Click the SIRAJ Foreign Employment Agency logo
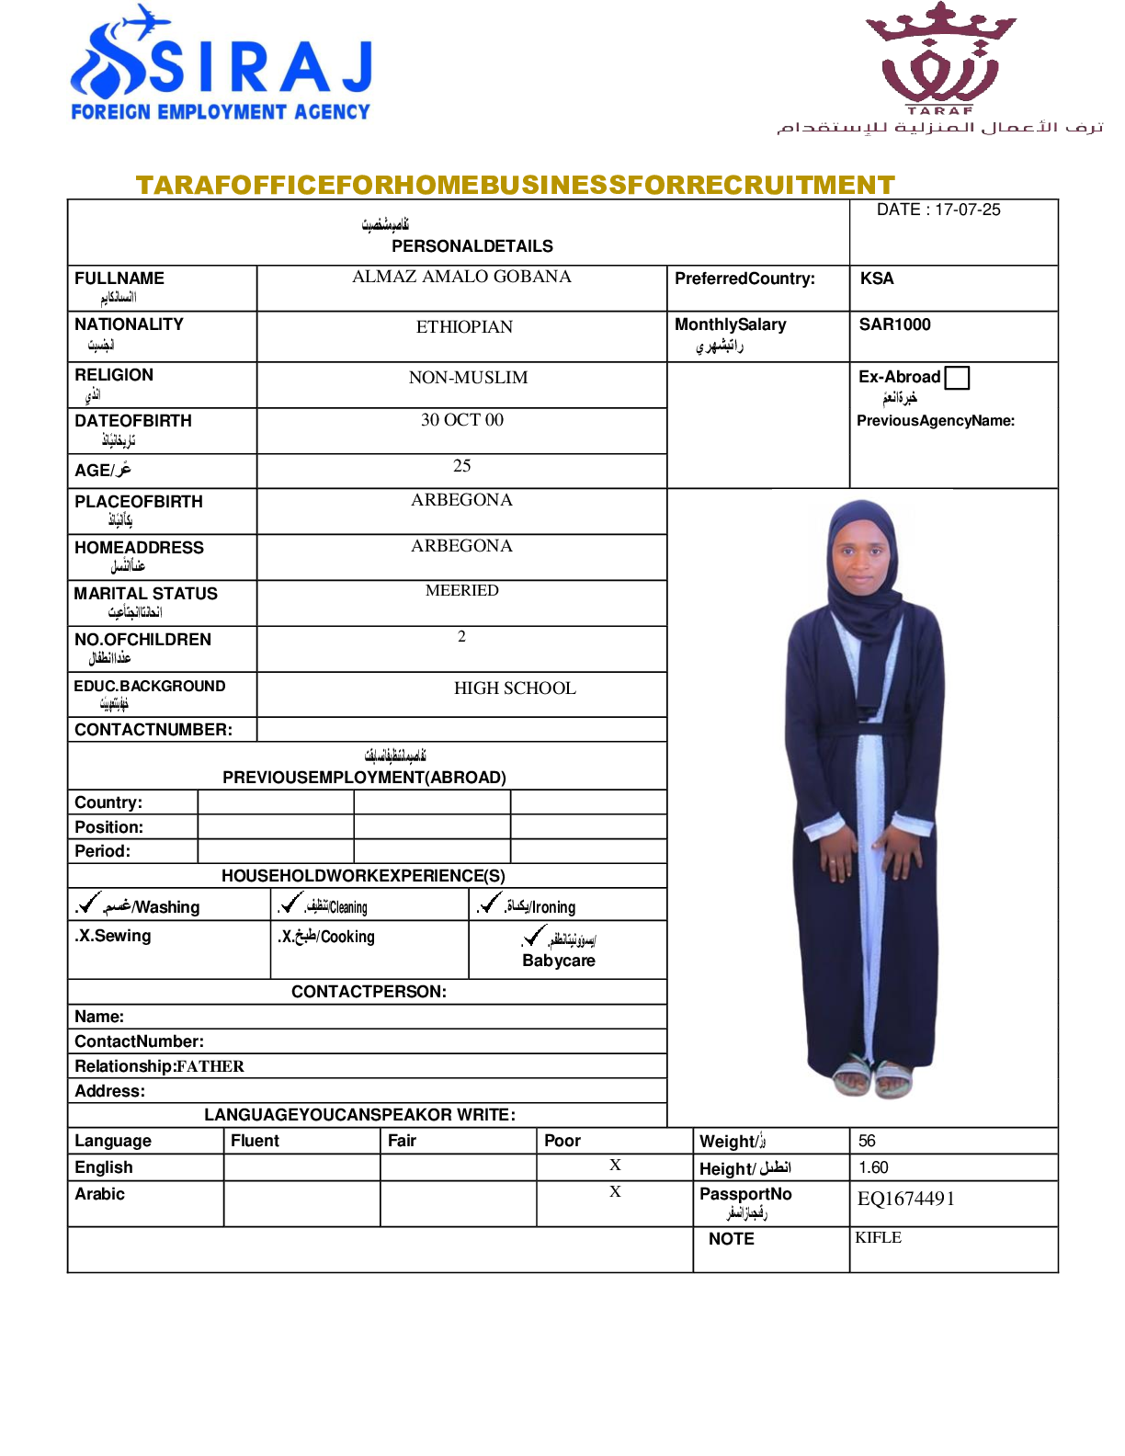[x=221, y=64]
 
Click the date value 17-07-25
[x=968, y=210]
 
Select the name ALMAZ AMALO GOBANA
[x=461, y=277]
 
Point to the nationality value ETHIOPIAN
[x=464, y=327]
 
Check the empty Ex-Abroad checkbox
[x=957, y=378]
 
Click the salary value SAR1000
[x=894, y=324]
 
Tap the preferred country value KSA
[x=877, y=279]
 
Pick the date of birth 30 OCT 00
[x=461, y=420]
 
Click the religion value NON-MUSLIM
[x=468, y=378]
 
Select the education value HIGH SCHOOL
[x=515, y=688]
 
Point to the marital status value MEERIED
[x=461, y=590]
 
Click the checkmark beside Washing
[x=89, y=904]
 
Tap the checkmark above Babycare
[x=534, y=937]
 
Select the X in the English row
[x=615, y=1166]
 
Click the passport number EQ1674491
[x=906, y=1199]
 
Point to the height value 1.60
[x=873, y=1167]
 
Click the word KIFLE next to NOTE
[x=878, y=1238]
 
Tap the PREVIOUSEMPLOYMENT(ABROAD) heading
[x=364, y=778]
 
